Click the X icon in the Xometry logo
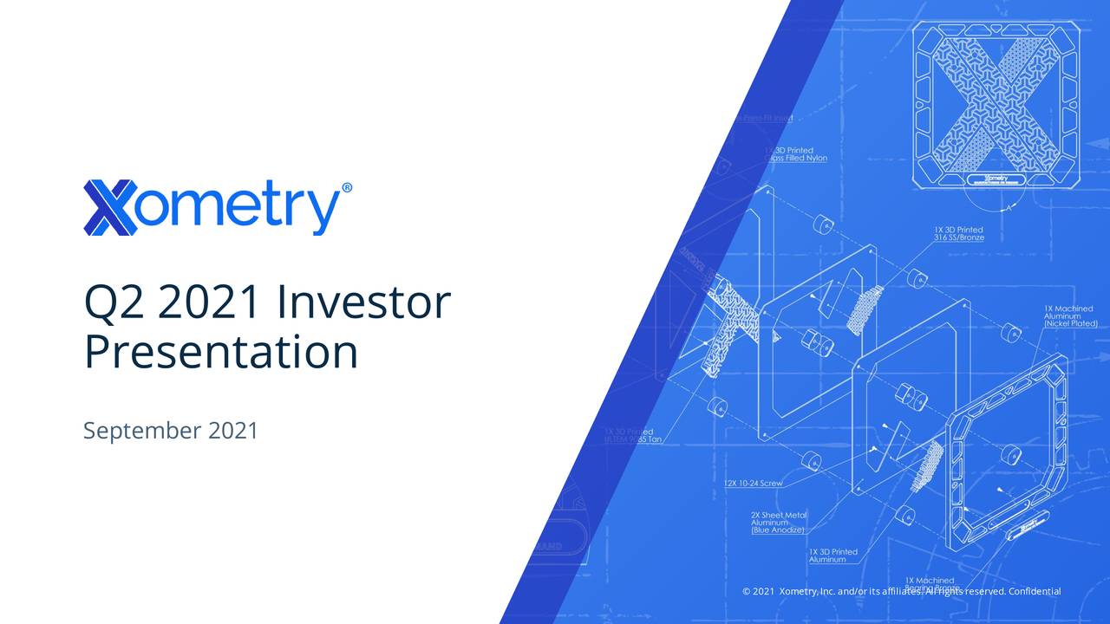[110, 208]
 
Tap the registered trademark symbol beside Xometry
[347, 188]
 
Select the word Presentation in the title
[220, 353]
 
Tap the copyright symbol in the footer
[747, 591]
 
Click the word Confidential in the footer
[1035, 591]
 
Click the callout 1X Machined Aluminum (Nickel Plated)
[1070, 316]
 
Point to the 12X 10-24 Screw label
[754, 483]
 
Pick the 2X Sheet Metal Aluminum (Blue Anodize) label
[778, 523]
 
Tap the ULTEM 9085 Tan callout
[633, 436]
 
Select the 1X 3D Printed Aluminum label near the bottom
[832, 556]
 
